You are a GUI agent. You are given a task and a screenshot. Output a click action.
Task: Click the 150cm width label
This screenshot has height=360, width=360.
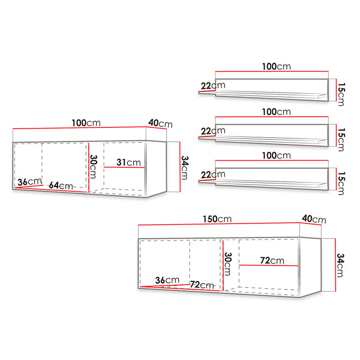click(x=217, y=219)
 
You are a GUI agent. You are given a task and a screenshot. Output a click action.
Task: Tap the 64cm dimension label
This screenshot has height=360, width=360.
click(x=61, y=185)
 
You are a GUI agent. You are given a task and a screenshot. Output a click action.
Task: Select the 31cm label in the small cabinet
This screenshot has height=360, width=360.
click(x=129, y=162)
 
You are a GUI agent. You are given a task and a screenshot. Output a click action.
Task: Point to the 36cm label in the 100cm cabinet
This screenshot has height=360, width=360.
click(x=30, y=182)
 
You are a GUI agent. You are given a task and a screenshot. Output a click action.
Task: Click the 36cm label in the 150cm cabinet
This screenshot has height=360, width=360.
click(x=167, y=280)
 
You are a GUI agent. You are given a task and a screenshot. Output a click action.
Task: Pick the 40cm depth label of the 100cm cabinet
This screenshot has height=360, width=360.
click(x=161, y=123)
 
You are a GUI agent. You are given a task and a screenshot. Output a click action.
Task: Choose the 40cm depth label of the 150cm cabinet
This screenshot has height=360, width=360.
click(x=314, y=219)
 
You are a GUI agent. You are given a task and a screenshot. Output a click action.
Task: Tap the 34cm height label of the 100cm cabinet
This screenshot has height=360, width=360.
click(x=185, y=167)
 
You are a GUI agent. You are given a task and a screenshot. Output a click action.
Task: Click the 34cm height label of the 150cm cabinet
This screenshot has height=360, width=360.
click(x=340, y=265)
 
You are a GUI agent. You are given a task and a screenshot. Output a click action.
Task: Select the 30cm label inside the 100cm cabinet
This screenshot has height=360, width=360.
click(x=93, y=166)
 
